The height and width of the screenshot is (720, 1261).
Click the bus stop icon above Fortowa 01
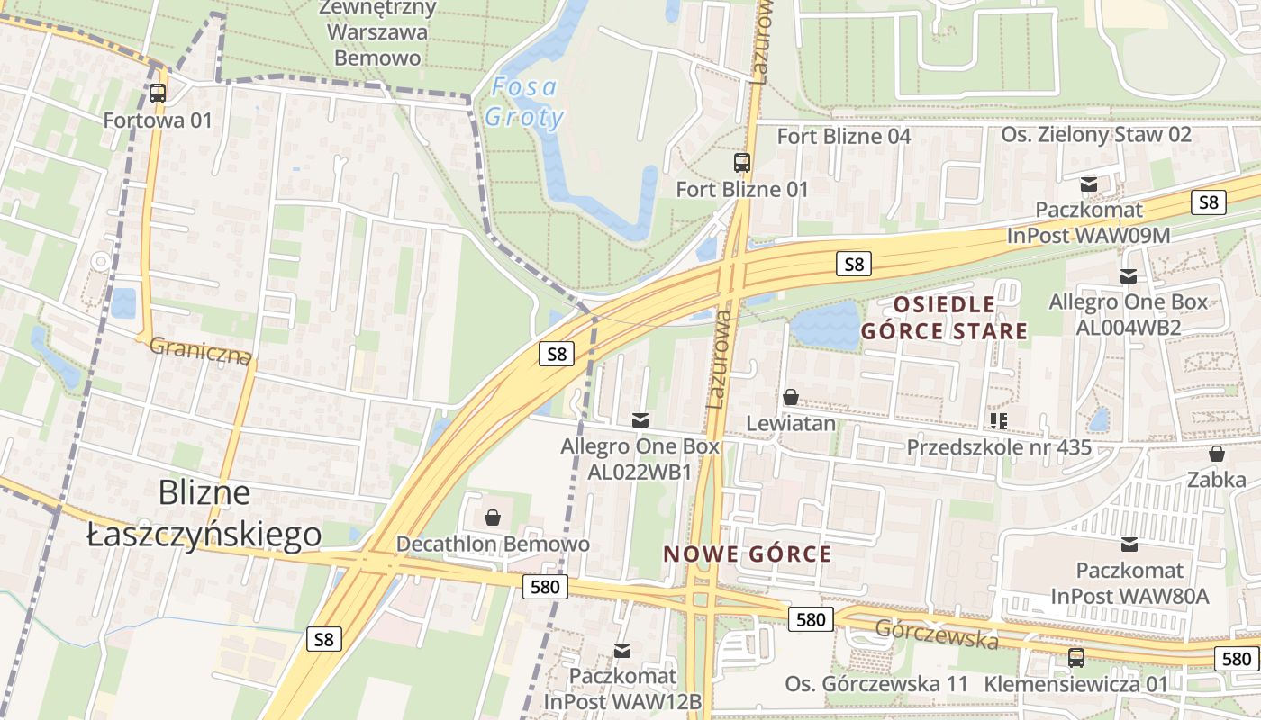click(x=158, y=93)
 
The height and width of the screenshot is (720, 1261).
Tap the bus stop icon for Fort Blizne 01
click(x=742, y=163)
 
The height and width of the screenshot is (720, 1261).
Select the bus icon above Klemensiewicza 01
click(x=1075, y=657)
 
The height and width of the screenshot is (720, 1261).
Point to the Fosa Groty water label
click(x=525, y=103)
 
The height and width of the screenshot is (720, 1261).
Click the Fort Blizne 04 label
click(x=844, y=136)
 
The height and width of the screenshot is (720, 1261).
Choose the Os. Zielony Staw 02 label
click(x=1096, y=135)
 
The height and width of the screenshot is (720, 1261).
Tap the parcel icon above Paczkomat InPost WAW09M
click(x=1089, y=184)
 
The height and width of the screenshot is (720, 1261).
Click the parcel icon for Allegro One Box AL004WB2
click(x=1128, y=276)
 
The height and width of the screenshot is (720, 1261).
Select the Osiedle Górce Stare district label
click(x=944, y=318)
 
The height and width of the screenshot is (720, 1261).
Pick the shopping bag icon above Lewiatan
click(x=791, y=397)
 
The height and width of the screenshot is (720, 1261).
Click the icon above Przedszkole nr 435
click(x=998, y=420)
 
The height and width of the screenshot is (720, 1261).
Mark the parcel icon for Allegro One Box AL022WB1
click(x=640, y=419)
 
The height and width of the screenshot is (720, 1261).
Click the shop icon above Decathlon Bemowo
click(x=493, y=517)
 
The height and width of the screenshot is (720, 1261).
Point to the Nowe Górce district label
click(x=748, y=553)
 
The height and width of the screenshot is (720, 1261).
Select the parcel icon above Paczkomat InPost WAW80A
click(x=1129, y=544)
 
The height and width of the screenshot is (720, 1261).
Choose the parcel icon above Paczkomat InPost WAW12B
click(x=621, y=650)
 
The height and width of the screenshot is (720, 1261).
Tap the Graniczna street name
click(x=200, y=351)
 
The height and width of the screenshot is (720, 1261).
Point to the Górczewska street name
click(x=937, y=634)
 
